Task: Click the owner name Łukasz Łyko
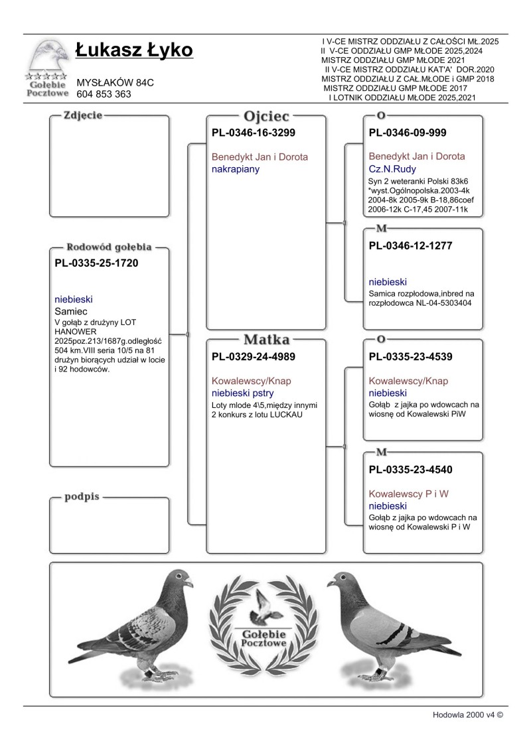click(x=134, y=50)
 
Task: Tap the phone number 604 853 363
click(x=104, y=94)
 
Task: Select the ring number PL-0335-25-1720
click(x=96, y=263)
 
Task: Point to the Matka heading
click(x=267, y=340)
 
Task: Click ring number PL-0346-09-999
click(x=407, y=133)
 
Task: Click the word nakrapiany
click(x=235, y=169)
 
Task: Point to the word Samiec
click(x=72, y=310)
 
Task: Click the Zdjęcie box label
click(x=82, y=115)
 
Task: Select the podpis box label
click(x=82, y=496)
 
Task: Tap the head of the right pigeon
click(x=339, y=582)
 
